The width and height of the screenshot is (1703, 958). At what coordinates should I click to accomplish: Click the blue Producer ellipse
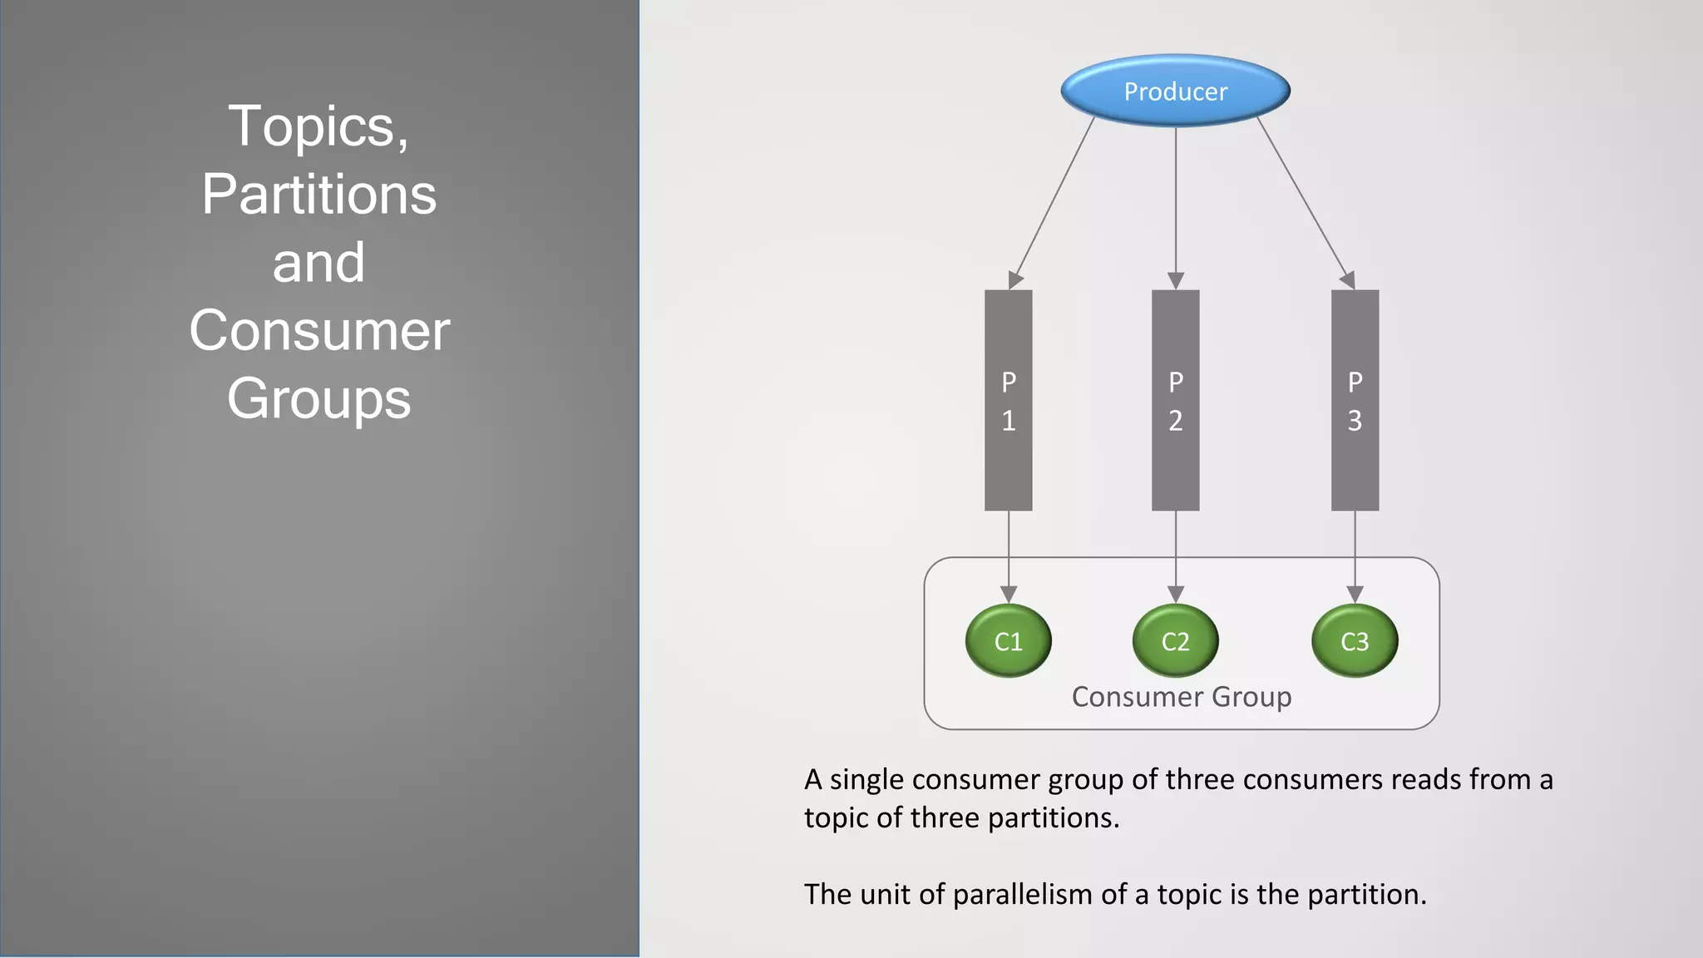(x=1175, y=91)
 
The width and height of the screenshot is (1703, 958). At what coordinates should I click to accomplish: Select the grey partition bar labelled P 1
(x=1008, y=400)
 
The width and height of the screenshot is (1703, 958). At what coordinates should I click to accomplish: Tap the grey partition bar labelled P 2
(x=1175, y=400)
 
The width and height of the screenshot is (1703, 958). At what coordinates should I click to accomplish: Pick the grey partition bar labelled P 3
(x=1355, y=400)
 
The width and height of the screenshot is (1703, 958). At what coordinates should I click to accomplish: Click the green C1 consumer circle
(x=1008, y=641)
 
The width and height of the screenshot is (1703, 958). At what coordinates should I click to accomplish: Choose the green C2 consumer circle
(x=1175, y=641)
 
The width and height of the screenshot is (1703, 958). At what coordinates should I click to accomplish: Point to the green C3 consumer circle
(x=1355, y=641)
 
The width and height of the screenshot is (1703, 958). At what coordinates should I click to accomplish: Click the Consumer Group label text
(x=1181, y=697)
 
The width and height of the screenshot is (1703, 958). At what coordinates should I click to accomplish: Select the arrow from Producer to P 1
(x=1053, y=201)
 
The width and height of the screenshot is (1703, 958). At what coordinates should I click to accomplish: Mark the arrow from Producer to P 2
(x=1175, y=204)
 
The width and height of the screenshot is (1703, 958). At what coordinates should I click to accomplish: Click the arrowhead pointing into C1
(x=1008, y=595)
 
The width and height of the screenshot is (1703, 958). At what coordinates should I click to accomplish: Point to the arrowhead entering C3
(x=1355, y=595)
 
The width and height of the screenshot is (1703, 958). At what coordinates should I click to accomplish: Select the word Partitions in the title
(x=318, y=195)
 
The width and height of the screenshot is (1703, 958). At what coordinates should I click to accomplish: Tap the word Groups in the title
(x=318, y=398)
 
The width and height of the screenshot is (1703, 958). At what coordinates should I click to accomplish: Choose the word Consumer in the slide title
(x=318, y=331)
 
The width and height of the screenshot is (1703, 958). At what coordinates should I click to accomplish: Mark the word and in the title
(x=318, y=263)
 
